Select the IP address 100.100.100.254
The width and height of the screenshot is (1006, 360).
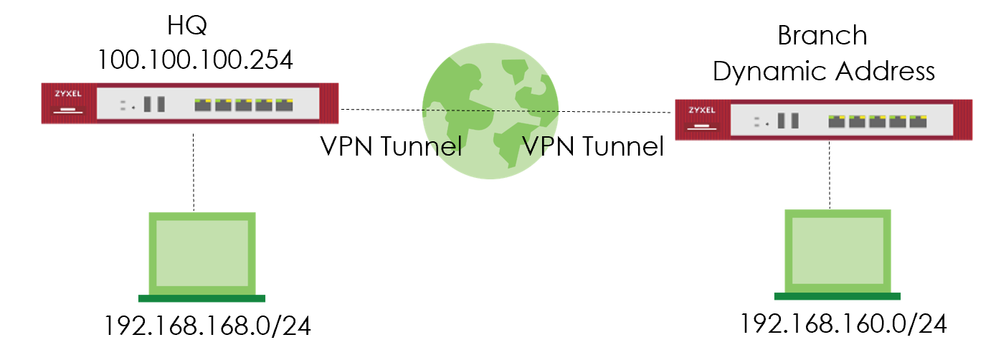click(x=195, y=60)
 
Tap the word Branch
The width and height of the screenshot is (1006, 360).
click(x=822, y=36)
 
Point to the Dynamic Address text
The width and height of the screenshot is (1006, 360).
click(x=824, y=71)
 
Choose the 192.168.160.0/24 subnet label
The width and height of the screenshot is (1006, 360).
click(x=843, y=324)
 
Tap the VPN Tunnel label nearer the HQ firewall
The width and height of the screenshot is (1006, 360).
click(x=390, y=146)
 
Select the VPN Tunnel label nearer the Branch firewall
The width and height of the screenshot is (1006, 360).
click(x=592, y=146)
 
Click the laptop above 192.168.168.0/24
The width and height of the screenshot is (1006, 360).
click(x=201, y=251)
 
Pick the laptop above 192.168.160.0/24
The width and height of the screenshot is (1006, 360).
click(x=837, y=248)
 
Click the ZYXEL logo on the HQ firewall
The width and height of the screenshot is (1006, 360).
click(x=67, y=94)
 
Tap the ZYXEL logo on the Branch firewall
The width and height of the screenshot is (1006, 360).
click(x=702, y=110)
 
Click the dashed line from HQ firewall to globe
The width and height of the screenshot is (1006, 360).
click(x=380, y=110)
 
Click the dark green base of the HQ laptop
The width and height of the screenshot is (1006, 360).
click(x=201, y=298)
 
